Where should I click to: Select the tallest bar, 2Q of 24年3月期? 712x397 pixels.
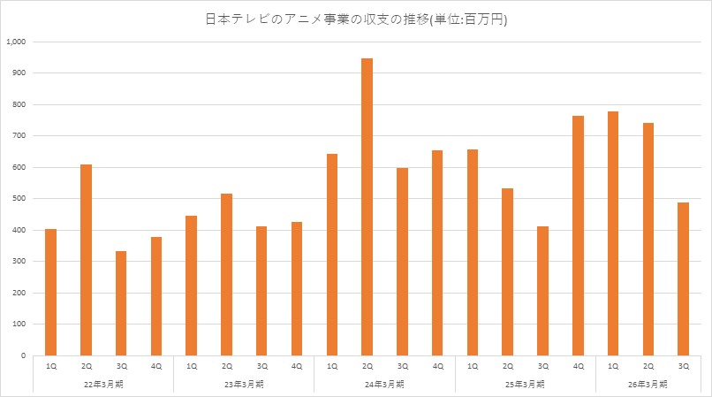click(x=367, y=207)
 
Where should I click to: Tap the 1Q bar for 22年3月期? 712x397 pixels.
click(x=50, y=292)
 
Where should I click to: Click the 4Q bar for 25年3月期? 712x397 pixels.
click(x=578, y=235)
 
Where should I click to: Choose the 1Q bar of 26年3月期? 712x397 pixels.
click(x=613, y=233)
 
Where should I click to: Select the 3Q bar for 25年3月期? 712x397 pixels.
click(x=542, y=291)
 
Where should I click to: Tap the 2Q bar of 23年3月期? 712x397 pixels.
click(x=226, y=274)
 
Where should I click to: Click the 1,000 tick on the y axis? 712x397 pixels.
click(x=17, y=42)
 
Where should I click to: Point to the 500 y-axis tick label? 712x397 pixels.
click(x=19, y=199)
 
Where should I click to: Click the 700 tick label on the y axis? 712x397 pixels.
click(x=19, y=136)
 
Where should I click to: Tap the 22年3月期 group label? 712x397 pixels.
click(x=103, y=384)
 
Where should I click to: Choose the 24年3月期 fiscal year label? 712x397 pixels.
click(x=384, y=384)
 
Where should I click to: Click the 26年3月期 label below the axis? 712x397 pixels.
click(x=648, y=384)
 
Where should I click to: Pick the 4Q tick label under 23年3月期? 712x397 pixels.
click(x=297, y=366)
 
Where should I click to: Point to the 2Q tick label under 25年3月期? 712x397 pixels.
click(x=508, y=366)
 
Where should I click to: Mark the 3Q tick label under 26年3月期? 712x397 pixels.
click(x=683, y=366)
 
